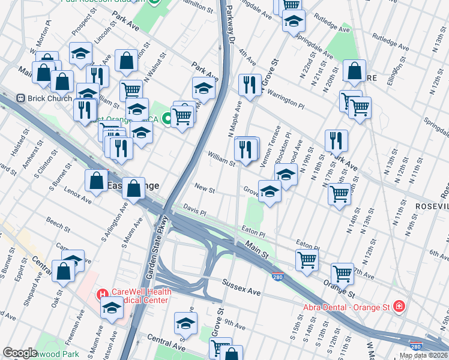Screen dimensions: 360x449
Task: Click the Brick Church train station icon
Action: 21,97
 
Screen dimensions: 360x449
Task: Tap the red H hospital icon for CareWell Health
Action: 102,295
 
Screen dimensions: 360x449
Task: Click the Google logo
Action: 20,353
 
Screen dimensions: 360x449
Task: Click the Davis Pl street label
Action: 194,212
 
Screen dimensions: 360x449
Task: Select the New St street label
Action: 204,189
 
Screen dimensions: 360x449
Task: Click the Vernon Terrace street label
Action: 275,145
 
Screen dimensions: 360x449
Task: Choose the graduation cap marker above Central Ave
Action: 186,323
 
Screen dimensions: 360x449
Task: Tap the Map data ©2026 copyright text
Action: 423,355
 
